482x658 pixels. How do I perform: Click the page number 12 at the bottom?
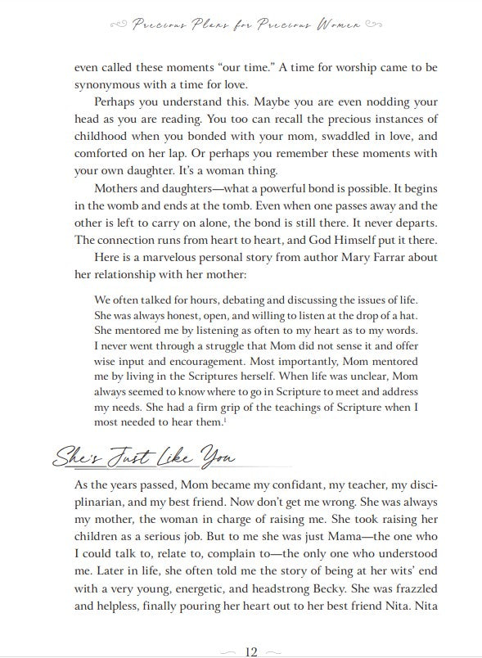250,651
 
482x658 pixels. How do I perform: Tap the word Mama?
268,547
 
